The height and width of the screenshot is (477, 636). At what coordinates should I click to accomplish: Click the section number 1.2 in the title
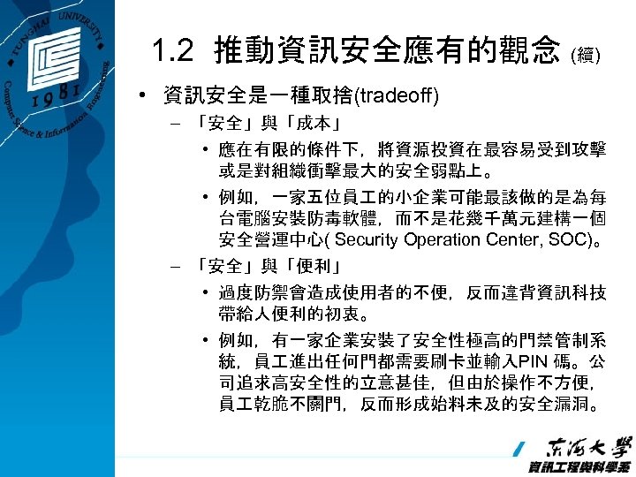[172, 50]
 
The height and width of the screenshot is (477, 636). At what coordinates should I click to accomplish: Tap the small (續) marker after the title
[588, 56]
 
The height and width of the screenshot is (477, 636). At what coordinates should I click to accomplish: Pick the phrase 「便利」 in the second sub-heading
[314, 265]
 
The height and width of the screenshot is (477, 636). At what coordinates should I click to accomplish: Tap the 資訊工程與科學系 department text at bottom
[579, 466]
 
